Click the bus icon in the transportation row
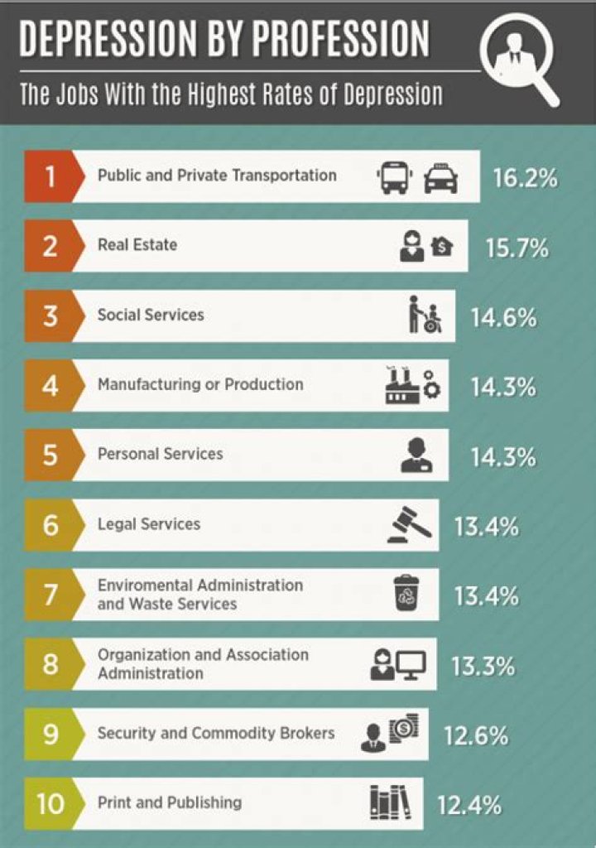(x=394, y=176)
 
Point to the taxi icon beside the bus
(x=440, y=177)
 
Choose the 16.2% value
(x=525, y=177)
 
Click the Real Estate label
(x=137, y=245)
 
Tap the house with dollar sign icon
(x=443, y=247)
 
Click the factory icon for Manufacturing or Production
(x=403, y=385)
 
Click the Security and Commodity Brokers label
(x=215, y=733)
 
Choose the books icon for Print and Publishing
(x=390, y=803)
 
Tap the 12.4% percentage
(x=469, y=804)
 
